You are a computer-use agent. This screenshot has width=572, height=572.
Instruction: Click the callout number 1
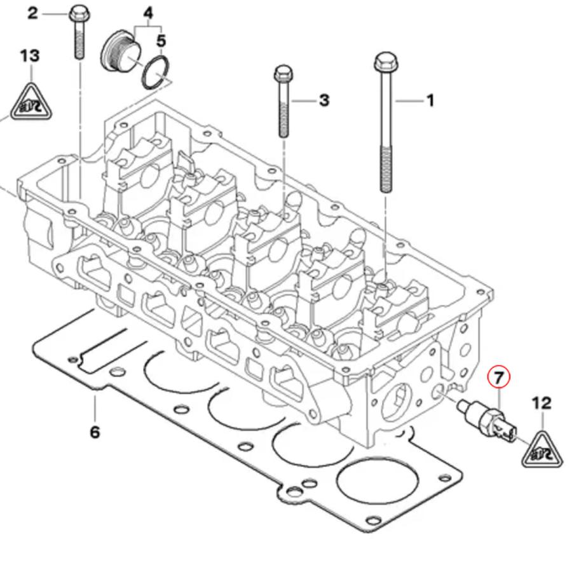pos(430,100)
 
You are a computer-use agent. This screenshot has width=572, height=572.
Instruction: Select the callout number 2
pos(33,13)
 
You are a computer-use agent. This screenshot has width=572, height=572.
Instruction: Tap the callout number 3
pos(324,100)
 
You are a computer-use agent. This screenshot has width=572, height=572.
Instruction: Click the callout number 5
pos(161,41)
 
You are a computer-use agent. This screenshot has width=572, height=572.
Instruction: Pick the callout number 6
pos(95,432)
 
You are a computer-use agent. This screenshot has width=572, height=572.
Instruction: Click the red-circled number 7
pos(499,378)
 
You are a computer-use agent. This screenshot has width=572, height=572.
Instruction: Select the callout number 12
pos(541,403)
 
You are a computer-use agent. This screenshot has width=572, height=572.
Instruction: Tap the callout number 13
pos(29,56)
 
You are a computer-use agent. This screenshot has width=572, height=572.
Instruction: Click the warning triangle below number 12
pos(541,451)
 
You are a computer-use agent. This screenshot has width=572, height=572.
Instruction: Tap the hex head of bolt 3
pos(283,74)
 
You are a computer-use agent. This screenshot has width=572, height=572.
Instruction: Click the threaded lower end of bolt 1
pos(385,168)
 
